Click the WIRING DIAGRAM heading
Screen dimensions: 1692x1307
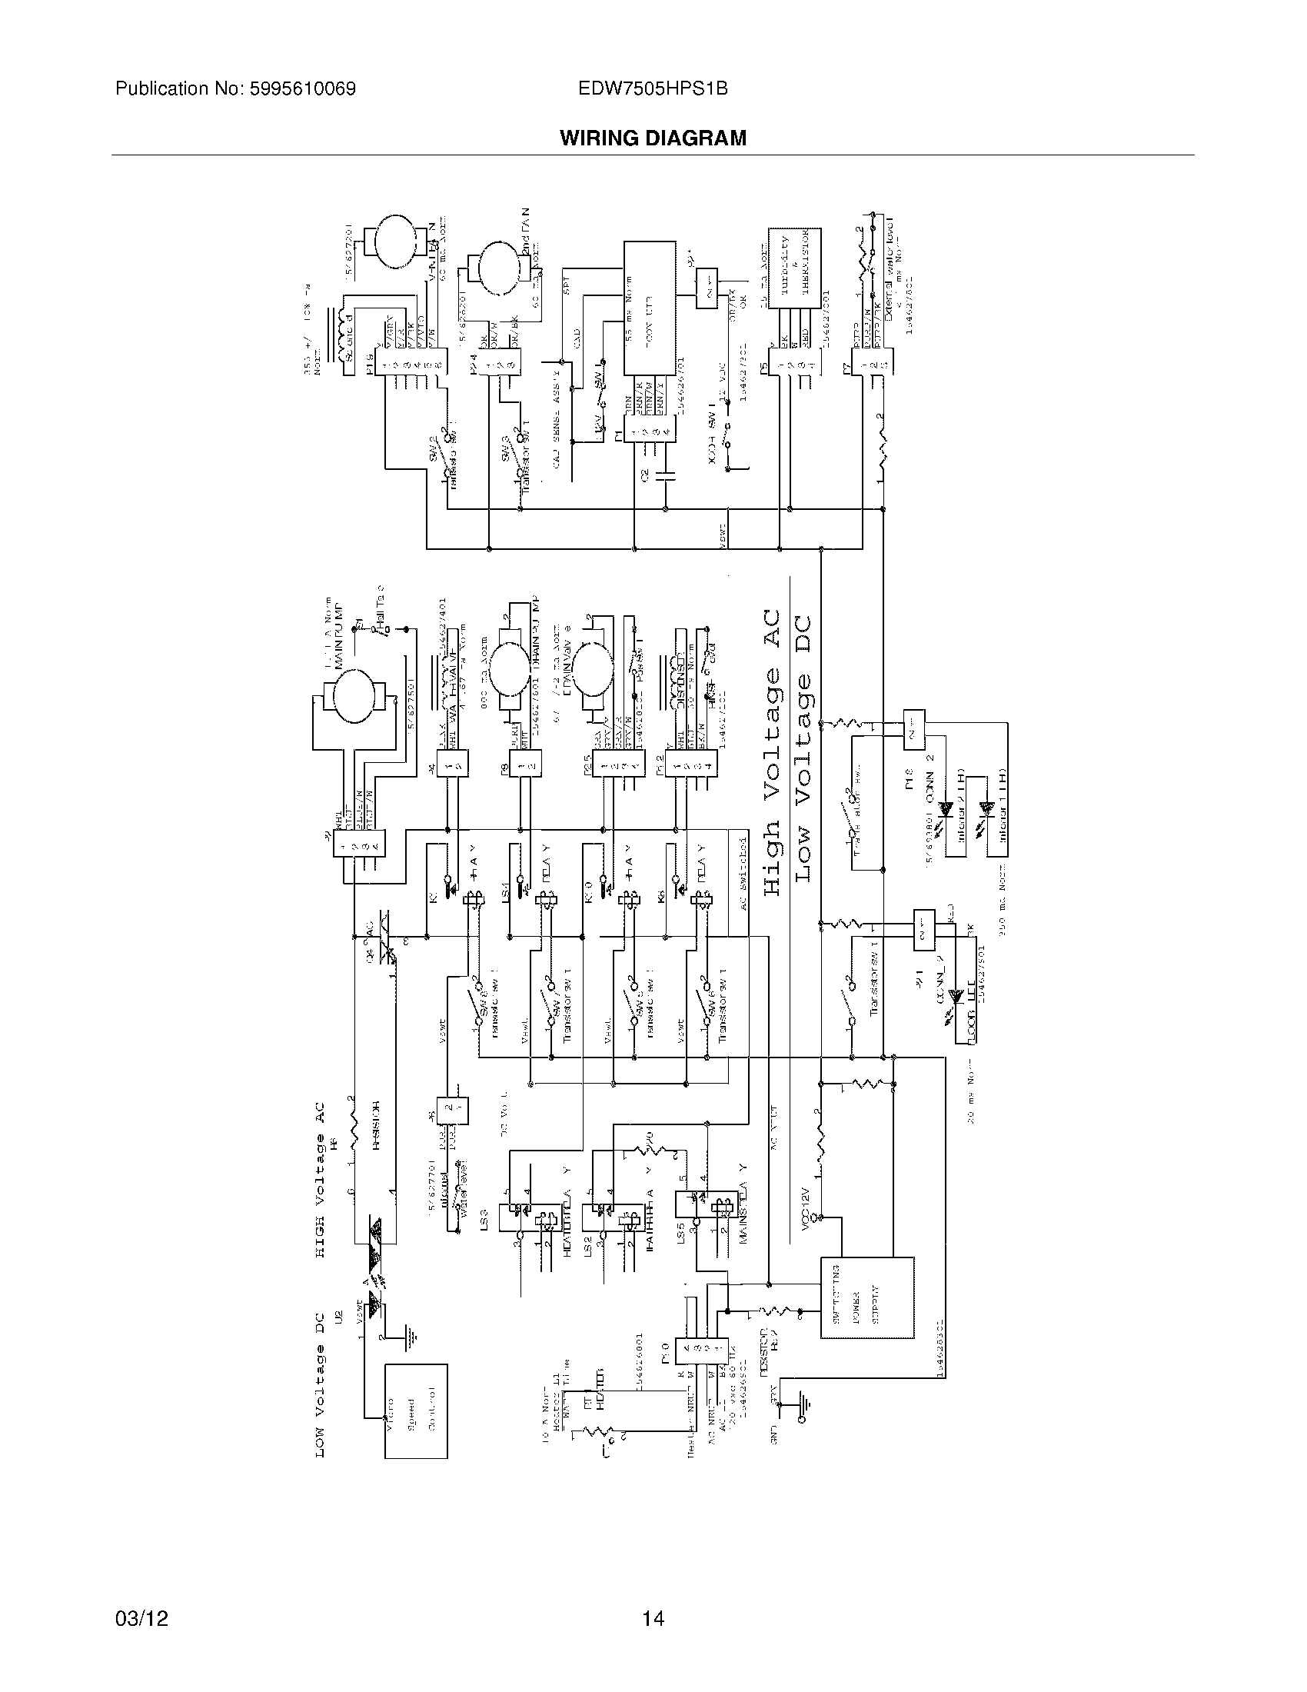tap(653, 138)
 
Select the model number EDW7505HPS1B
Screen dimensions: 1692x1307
tap(653, 88)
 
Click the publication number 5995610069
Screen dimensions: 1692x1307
tap(235, 88)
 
